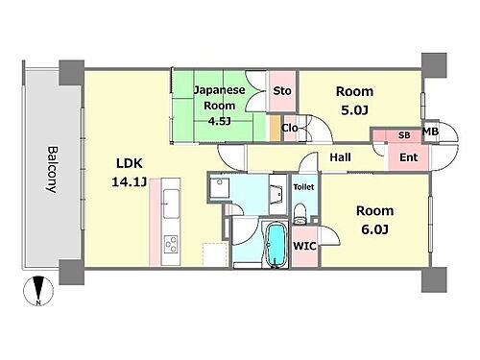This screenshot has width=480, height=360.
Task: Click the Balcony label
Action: pyautogui.click(x=53, y=170)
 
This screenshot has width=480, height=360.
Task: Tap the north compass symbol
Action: pyautogui.click(x=38, y=291)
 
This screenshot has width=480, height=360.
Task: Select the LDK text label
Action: pyautogui.click(x=129, y=163)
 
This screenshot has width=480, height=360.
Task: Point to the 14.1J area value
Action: pyautogui.click(x=130, y=182)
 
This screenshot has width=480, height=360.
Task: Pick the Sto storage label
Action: pyautogui.click(x=282, y=91)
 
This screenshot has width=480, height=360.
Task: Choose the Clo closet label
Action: pyautogui.click(x=290, y=128)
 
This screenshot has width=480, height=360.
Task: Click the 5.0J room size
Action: pyautogui.click(x=354, y=110)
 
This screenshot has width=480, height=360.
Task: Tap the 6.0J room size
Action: pyautogui.click(x=375, y=229)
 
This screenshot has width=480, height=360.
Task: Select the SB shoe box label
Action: pyautogui.click(x=404, y=135)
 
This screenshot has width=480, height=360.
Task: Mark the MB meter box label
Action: pyautogui.click(x=430, y=132)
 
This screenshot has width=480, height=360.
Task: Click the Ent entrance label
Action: pyautogui.click(x=409, y=157)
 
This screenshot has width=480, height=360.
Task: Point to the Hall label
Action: pyautogui.click(x=340, y=157)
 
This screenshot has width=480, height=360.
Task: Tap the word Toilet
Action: pyautogui.click(x=303, y=186)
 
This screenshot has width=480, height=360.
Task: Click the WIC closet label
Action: pyautogui.click(x=305, y=246)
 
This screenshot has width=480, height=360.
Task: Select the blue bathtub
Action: pyautogui.click(x=276, y=245)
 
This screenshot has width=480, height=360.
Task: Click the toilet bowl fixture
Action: pyautogui.click(x=300, y=213)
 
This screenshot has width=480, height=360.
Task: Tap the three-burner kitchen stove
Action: pyautogui.click(x=171, y=244)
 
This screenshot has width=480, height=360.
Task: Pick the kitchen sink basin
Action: pyautogui.click(x=171, y=204)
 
